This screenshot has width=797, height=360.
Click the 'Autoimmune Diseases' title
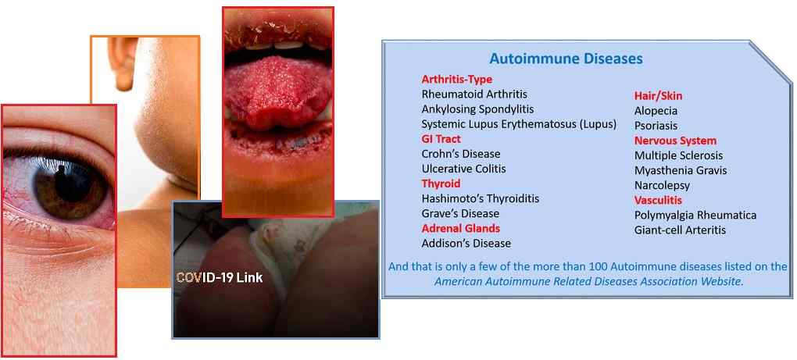coord(566,59)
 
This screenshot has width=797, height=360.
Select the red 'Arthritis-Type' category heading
coord(457,79)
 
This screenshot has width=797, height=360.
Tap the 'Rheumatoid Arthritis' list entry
coord(474,94)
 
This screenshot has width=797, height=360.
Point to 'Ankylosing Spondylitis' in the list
coord(477,109)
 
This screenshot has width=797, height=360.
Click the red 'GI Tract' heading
coord(441,139)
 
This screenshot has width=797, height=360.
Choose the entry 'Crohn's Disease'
coord(461,153)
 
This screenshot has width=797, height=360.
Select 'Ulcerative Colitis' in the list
coord(463,169)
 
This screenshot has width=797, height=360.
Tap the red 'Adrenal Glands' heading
coord(460,228)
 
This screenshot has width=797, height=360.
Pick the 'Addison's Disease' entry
coord(466,243)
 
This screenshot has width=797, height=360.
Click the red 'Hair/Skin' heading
coord(658,95)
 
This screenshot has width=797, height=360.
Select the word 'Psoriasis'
coord(656,126)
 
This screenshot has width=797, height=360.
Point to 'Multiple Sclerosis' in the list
coord(678,155)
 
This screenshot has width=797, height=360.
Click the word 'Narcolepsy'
coord(662,185)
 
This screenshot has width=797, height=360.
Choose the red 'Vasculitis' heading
coord(658,200)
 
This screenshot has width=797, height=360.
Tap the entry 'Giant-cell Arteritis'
coord(680,230)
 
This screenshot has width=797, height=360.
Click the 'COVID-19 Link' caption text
coord(220,278)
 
